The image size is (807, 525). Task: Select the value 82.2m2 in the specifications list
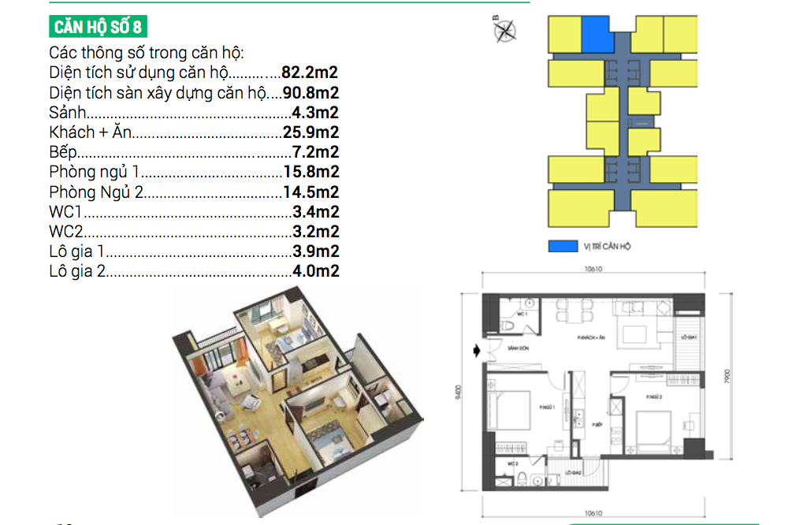(311, 73)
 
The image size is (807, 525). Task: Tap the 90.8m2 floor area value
(311, 93)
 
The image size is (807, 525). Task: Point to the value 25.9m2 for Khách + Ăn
(311, 132)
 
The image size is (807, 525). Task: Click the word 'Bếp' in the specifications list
(63, 152)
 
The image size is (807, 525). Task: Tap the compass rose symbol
(505, 30)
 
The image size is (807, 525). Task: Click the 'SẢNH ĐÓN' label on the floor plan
(517, 347)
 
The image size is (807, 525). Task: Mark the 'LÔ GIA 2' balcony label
(573, 473)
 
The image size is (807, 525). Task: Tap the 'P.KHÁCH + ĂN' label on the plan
(590, 337)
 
